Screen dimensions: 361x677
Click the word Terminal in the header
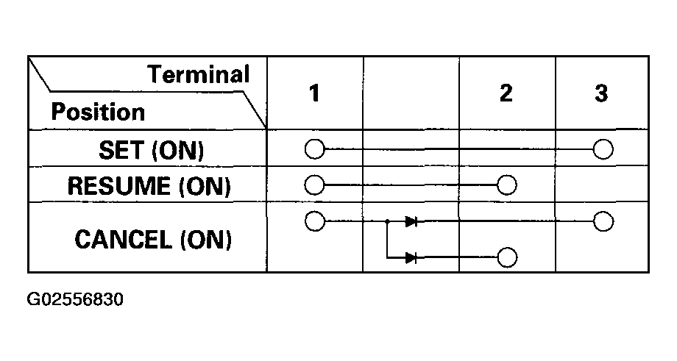click(199, 74)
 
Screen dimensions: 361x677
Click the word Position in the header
click(97, 112)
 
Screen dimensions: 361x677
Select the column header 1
click(314, 94)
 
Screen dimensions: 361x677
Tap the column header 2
click(506, 94)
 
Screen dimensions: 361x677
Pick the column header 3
click(601, 94)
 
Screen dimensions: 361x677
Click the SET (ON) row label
click(150, 150)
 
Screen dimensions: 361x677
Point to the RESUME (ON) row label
click(149, 185)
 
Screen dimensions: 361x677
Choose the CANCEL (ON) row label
click(153, 239)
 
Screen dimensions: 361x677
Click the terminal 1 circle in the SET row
click(314, 149)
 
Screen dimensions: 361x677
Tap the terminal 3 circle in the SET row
click(603, 149)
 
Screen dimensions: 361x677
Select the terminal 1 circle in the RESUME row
click(314, 184)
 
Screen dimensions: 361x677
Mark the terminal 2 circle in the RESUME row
click(506, 184)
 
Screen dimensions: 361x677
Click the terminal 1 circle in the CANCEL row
click(314, 220)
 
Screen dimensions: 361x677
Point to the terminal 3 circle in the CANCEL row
click(603, 220)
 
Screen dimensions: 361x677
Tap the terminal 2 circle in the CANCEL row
click(506, 257)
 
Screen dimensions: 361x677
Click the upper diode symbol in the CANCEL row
click(411, 221)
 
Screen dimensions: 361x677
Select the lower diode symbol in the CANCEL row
click(411, 257)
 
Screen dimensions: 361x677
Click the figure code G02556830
click(74, 300)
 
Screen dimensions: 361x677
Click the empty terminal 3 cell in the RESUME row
click(602, 184)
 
